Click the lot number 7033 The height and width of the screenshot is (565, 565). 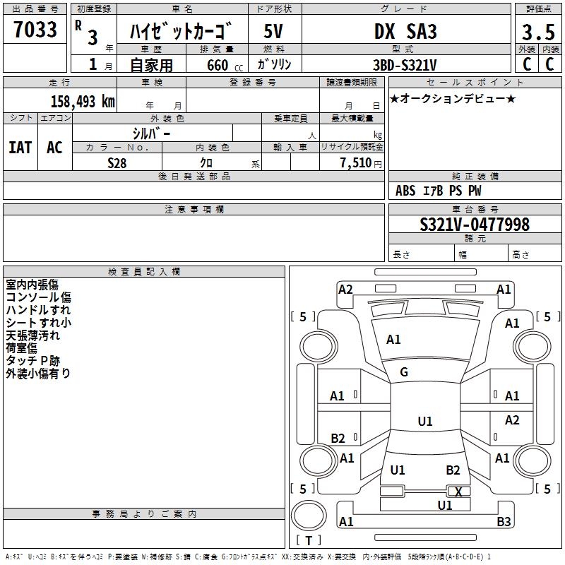[35, 29]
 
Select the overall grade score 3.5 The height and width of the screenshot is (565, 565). [538, 32]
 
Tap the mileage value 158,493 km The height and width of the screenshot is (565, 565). [83, 101]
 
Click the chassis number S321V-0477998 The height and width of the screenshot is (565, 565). [475, 224]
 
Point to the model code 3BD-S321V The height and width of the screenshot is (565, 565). [405, 65]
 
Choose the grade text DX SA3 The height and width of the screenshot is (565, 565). [405, 31]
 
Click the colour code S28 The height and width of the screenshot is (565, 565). [117, 163]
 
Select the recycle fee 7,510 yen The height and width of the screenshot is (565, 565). [360, 163]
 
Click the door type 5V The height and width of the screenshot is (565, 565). [273, 31]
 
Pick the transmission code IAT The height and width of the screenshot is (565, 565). [20, 148]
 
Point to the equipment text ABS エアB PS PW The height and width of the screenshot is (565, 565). [438, 191]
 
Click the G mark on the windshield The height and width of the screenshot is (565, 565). [404, 372]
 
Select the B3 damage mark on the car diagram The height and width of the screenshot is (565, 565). [504, 521]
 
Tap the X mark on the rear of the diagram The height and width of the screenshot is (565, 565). [458, 492]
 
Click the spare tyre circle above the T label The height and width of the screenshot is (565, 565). [309, 516]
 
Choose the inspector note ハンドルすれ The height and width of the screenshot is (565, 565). [38, 310]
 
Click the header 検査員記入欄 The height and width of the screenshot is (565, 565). [144, 272]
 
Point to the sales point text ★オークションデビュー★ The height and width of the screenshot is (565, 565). [453, 98]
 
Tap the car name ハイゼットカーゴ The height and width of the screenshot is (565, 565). [181, 31]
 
